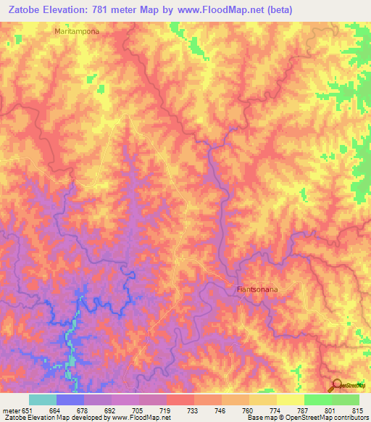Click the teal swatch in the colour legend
pyautogui.click(x=42, y=400)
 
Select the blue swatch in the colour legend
pyautogui.click(x=70, y=400)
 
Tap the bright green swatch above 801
pyautogui.click(x=317, y=400)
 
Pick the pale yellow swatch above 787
pyautogui.click(x=290, y=400)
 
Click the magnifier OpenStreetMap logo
pyautogui.click(x=338, y=385)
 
